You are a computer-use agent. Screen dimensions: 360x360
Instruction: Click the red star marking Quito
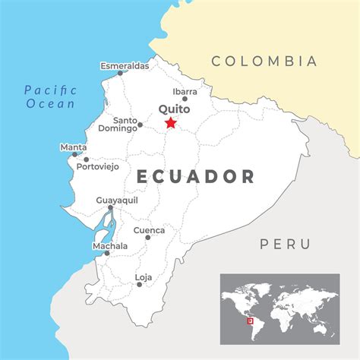[x=170, y=123]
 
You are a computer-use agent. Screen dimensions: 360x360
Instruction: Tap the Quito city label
[x=174, y=109]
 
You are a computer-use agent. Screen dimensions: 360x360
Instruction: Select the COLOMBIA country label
[x=264, y=61]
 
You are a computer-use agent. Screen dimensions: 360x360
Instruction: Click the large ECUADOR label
[x=196, y=177]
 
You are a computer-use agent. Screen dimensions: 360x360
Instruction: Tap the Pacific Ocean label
[x=49, y=96]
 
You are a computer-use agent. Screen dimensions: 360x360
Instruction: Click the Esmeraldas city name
[x=125, y=65]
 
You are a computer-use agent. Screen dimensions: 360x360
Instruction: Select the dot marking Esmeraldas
[x=120, y=74]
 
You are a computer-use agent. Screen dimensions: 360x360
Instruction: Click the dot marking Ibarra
[x=185, y=99]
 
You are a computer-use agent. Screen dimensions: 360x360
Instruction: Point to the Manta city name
[x=73, y=147]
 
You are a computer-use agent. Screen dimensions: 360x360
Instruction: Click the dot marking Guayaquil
[x=111, y=207]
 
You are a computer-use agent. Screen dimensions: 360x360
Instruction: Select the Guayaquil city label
[x=116, y=199]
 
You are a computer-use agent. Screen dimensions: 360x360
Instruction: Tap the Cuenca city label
[x=148, y=229]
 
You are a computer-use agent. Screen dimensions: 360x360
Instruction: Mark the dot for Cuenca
[x=148, y=238]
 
